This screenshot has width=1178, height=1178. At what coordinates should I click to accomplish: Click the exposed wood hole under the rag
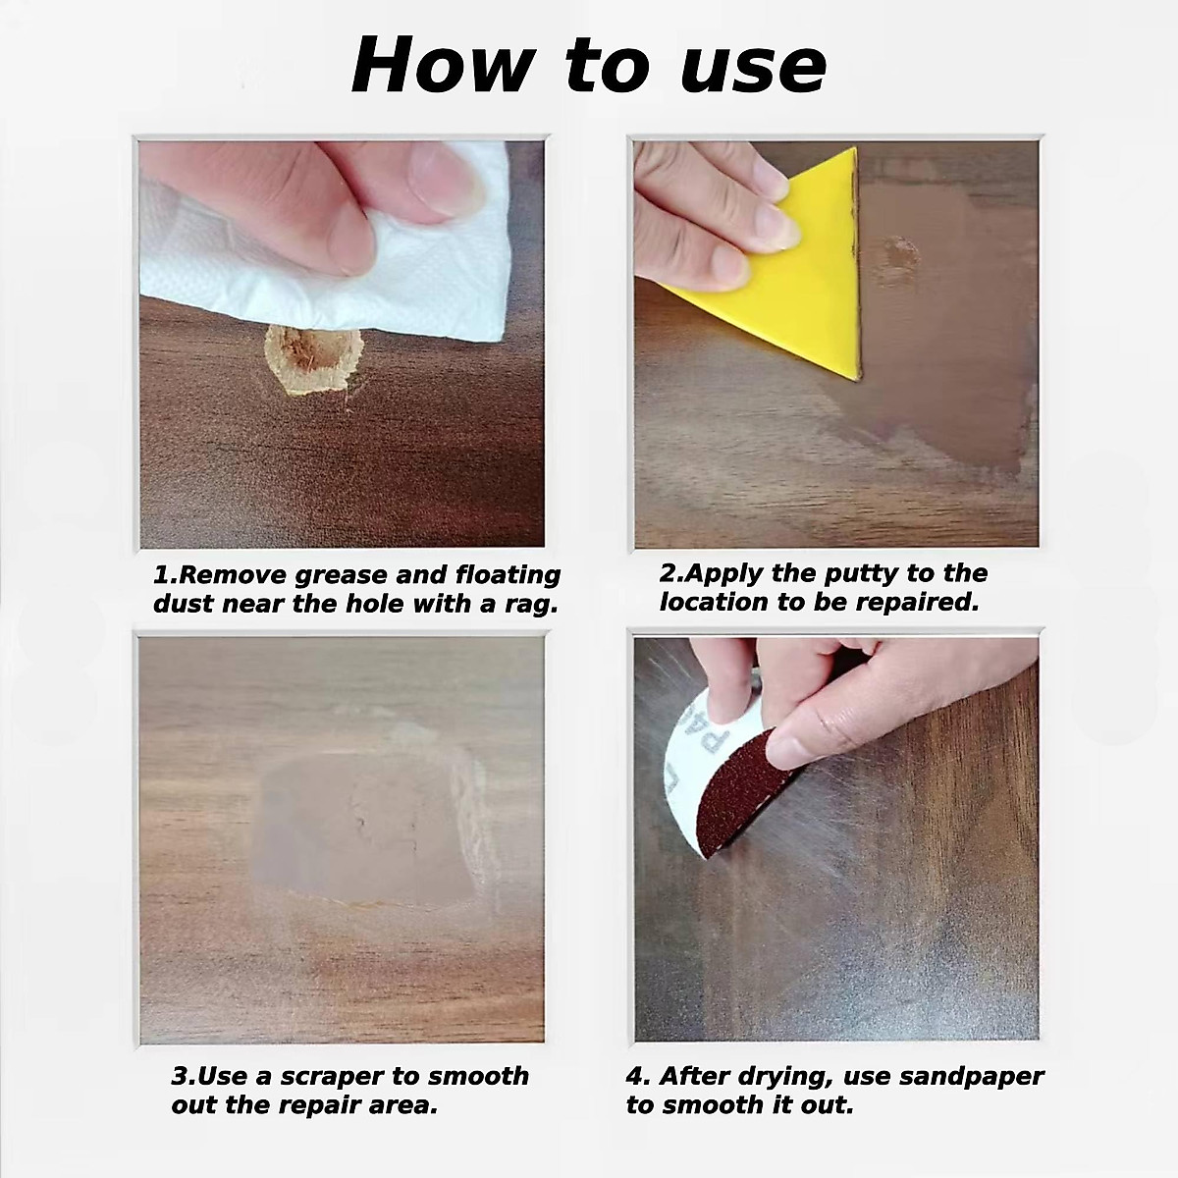[x=313, y=360]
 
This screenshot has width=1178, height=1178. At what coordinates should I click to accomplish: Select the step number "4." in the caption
[x=638, y=1076]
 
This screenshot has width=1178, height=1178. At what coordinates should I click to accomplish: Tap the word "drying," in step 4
[x=772, y=1076]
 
